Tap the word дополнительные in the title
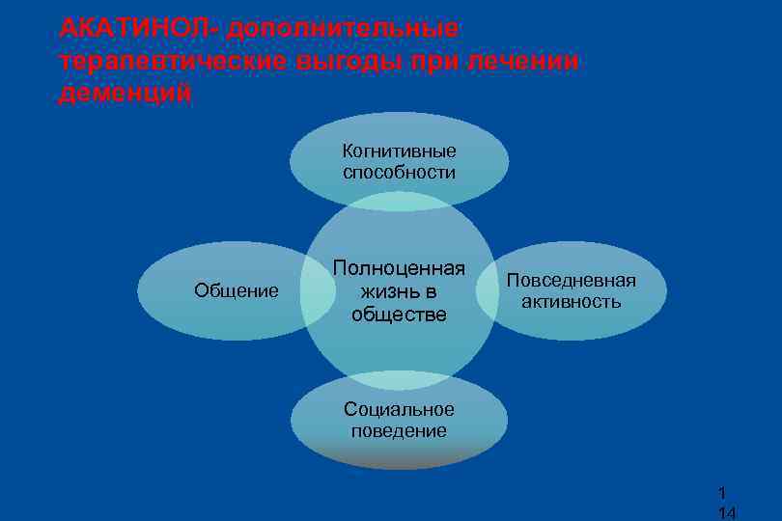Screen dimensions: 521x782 click(344, 28)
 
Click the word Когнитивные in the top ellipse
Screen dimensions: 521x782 click(399, 151)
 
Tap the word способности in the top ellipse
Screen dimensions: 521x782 click(399, 173)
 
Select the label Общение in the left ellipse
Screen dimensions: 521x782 click(237, 290)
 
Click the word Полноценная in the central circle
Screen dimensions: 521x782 click(399, 268)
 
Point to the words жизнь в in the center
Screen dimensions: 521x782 click(399, 290)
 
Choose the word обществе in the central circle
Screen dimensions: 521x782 click(399, 314)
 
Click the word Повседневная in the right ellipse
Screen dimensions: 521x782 click(571, 280)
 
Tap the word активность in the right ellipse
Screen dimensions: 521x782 click(571, 302)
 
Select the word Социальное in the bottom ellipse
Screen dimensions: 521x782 click(399, 408)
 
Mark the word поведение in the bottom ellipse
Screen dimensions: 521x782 click(399, 430)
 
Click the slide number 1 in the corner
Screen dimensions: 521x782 click(723, 492)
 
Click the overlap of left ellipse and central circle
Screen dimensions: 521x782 click(315, 290)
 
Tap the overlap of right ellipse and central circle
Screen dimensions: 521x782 click(487, 290)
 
